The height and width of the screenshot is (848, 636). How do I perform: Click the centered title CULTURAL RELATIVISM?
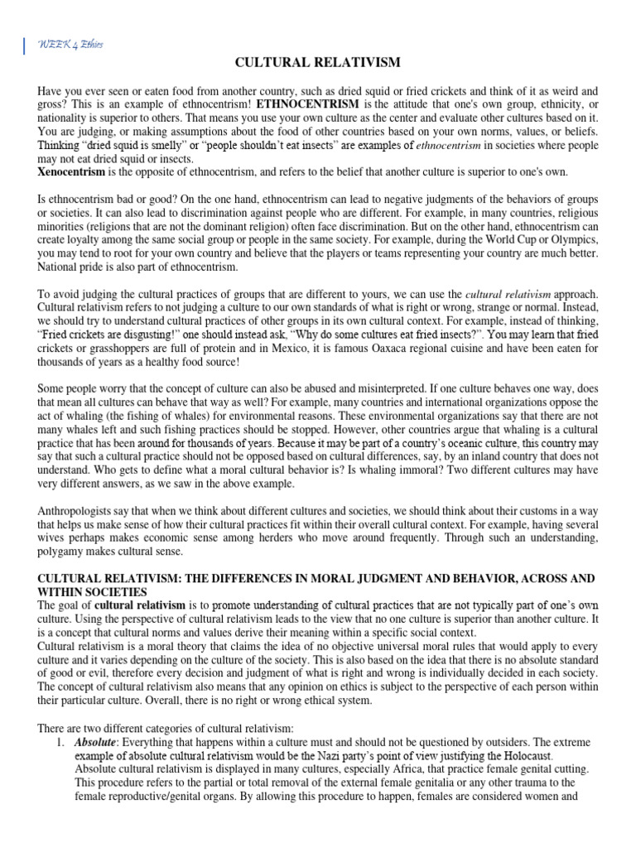point(318,63)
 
